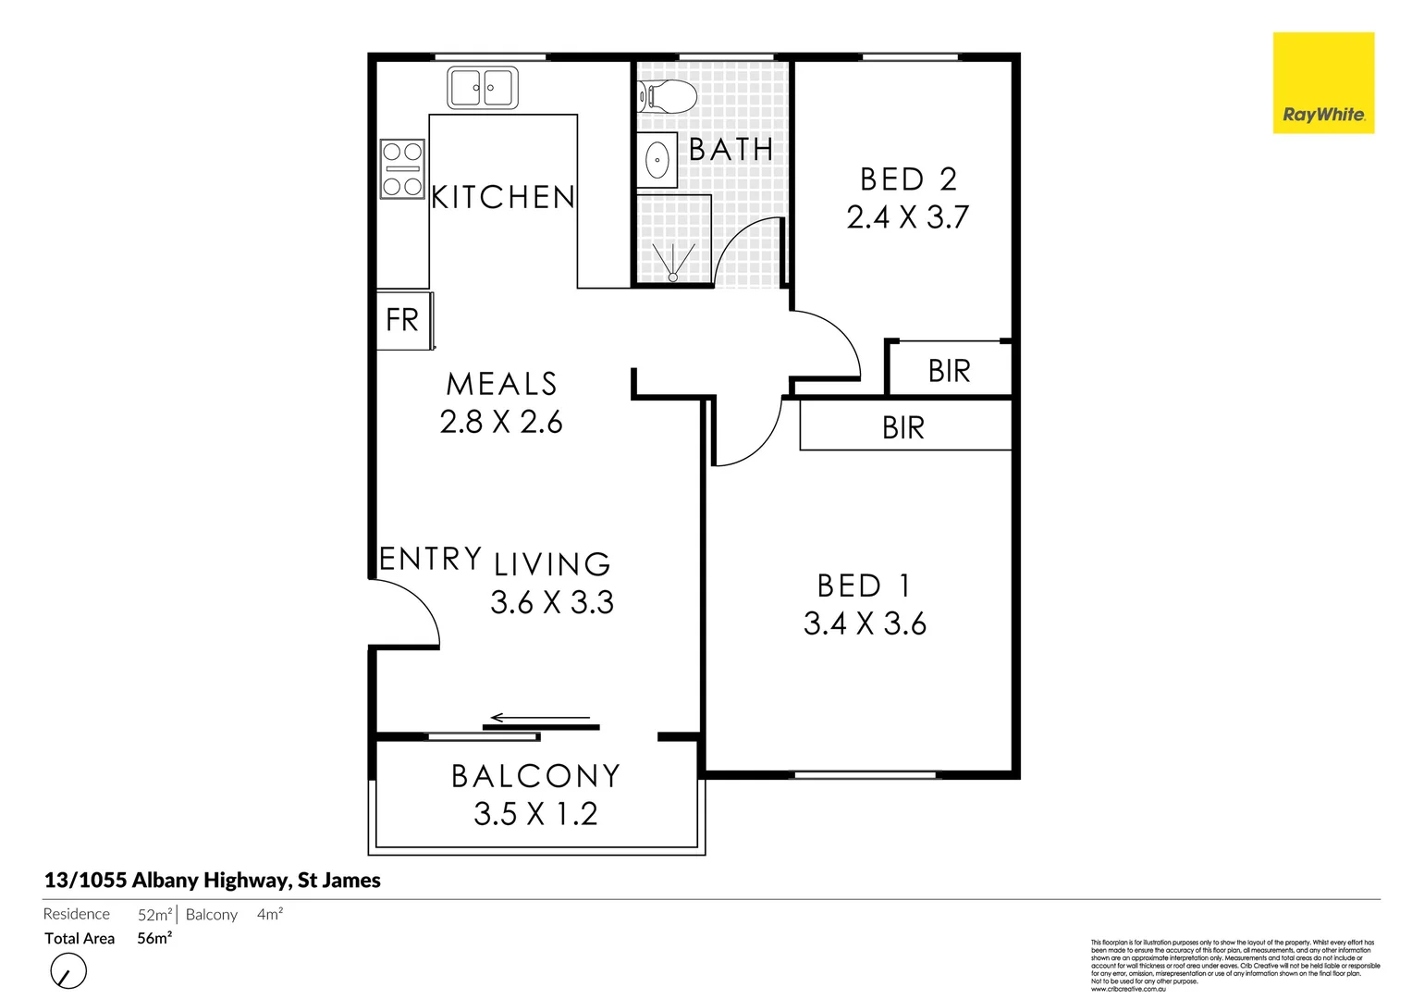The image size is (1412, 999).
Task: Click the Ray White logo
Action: point(1323,83)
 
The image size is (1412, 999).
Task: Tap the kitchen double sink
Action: point(483,88)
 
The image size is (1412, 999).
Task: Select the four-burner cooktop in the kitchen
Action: point(402,169)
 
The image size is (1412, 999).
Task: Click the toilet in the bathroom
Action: point(667,96)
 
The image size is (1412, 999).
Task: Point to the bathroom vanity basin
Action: point(657,161)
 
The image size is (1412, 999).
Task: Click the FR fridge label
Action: point(402,320)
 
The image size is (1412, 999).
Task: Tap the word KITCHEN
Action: point(503,197)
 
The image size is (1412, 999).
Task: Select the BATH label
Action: point(731,149)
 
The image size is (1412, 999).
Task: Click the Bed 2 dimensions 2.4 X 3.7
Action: point(907,217)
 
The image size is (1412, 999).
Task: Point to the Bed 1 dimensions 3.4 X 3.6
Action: point(865,624)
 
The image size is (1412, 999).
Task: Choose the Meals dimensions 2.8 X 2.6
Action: point(501,423)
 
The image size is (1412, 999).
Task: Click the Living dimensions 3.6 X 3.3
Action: point(552,603)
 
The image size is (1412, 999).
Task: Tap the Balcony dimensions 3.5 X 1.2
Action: point(535,814)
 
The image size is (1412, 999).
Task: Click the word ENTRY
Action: point(431,559)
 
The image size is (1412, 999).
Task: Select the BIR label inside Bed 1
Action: point(902,428)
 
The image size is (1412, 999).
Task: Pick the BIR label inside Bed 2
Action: point(949,372)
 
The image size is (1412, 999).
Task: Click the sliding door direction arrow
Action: point(540,718)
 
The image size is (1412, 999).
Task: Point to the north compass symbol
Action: point(68,972)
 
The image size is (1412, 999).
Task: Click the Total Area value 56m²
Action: point(154,938)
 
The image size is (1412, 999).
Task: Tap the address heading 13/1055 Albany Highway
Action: point(213,881)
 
